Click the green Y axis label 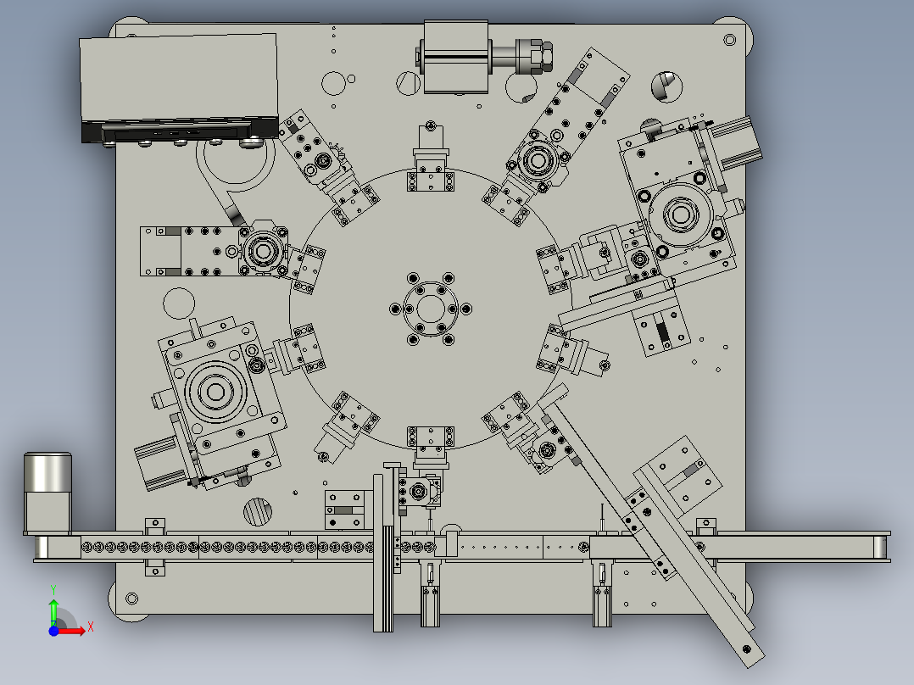click(x=53, y=589)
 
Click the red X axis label click(x=91, y=627)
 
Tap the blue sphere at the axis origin click(x=53, y=631)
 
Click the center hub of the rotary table click(x=430, y=309)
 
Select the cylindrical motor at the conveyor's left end click(x=47, y=492)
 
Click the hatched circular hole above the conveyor click(x=257, y=512)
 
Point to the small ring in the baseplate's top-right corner click(x=730, y=40)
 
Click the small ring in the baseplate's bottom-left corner click(x=131, y=599)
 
